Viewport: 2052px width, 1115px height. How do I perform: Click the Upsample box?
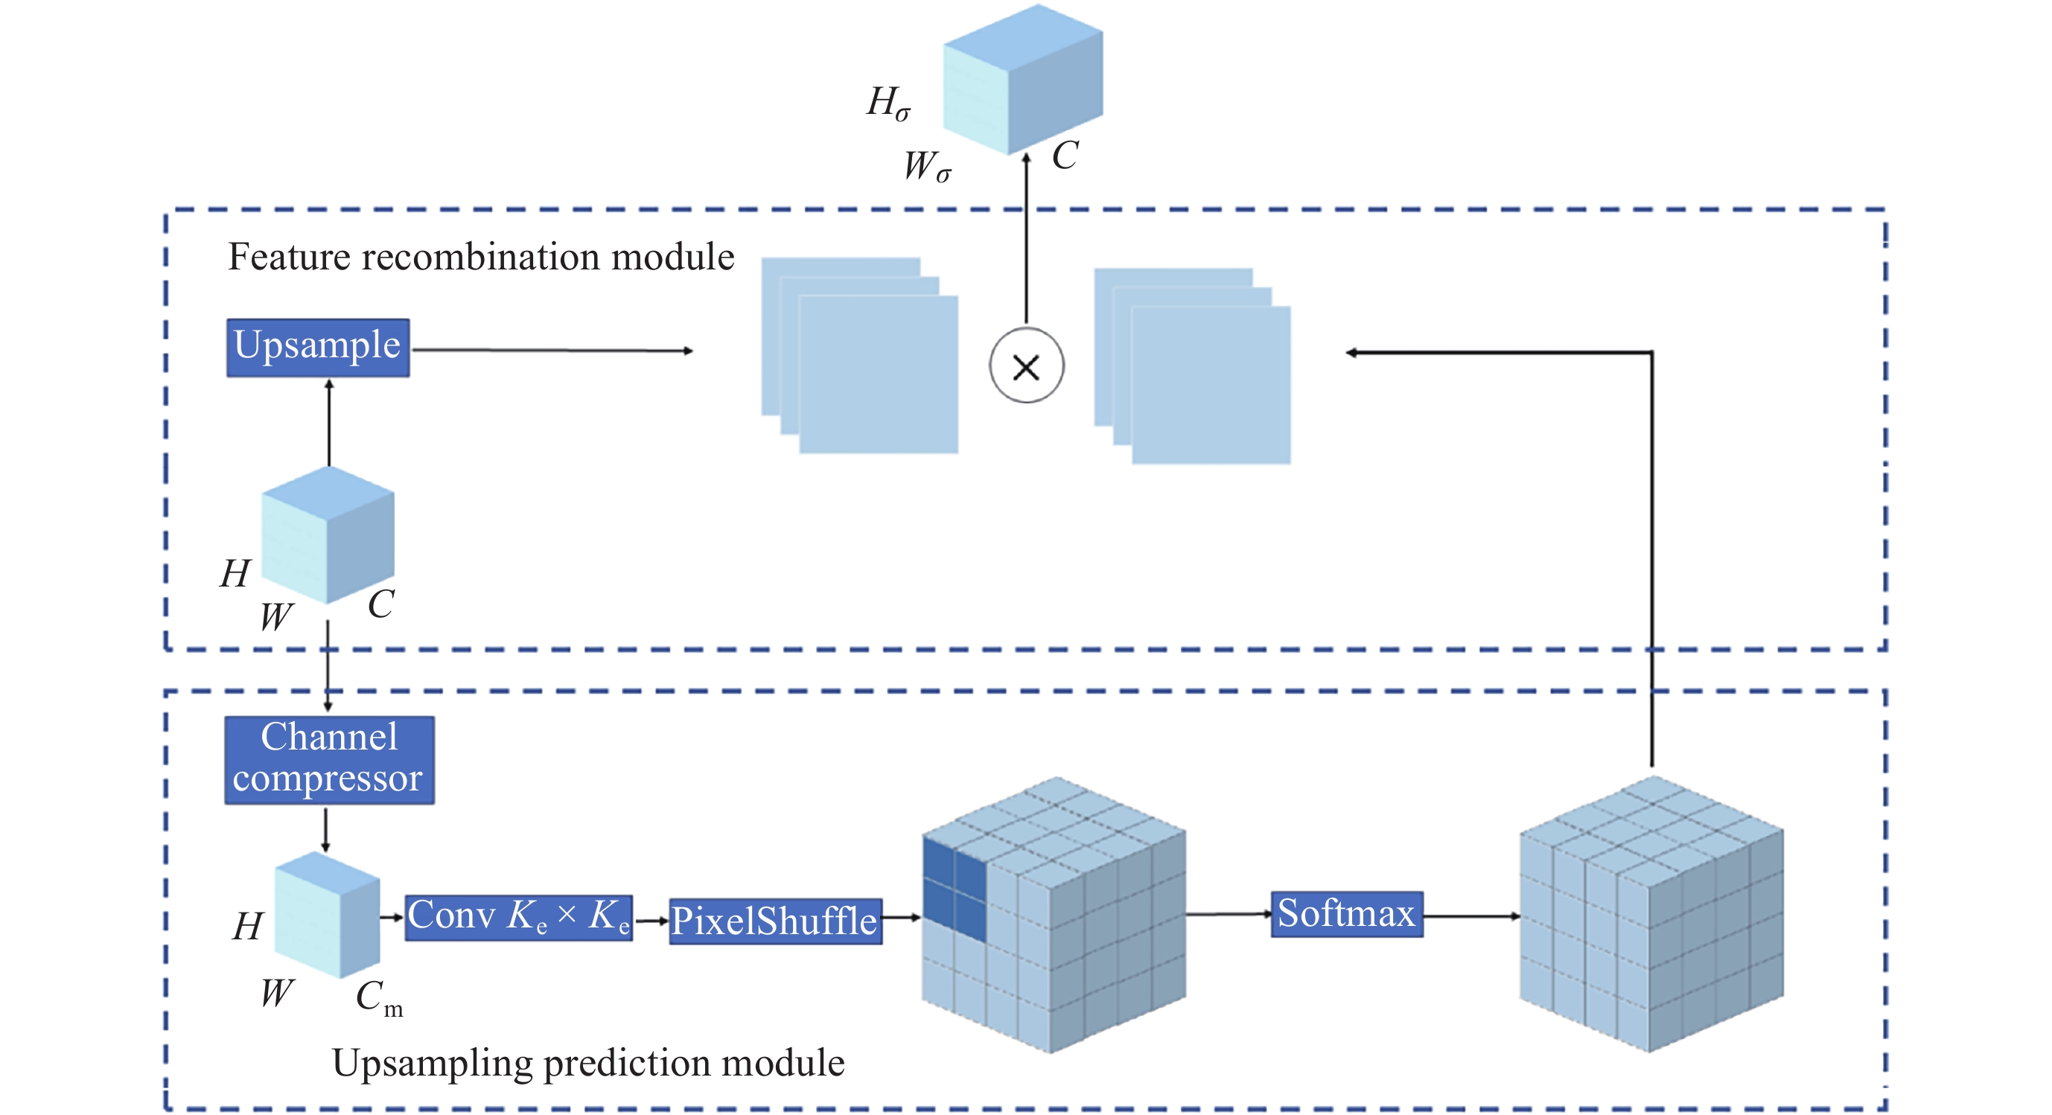pyautogui.click(x=318, y=348)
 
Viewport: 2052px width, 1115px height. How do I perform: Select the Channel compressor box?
pyautogui.click(x=329, y=760)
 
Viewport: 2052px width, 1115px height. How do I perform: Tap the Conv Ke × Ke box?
pyautogui.click(x=518, y=918)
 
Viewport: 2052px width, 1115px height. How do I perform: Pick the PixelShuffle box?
pyautogui.click(x=775, y=921)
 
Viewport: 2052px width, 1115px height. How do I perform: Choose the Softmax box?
pyautogui.click(x=1346, y=914)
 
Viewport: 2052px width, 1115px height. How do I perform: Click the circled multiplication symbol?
pyautogui.click(x=1026, y=366)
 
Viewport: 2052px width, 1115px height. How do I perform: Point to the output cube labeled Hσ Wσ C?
pyautogui.click(x=1023, y=80)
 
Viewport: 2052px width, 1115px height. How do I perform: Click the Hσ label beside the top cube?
pyautogui.click(x=888, y=103)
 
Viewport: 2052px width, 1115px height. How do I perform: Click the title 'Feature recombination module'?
pyautogui.click(x=481, y=258)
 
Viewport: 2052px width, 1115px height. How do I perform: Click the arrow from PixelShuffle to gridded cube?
pyautogui.click(x=902, y=918)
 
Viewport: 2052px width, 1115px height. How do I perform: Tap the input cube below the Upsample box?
pyautogui.click(x=328, y=535)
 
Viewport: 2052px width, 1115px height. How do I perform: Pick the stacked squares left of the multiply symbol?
pyautogui.click(x=859, y=355)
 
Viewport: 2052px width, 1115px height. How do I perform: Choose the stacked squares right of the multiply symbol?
pyautogui.click(x=1192, y=366)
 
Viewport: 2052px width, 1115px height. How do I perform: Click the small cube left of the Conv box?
pyautogui.click(x=327, y=915)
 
